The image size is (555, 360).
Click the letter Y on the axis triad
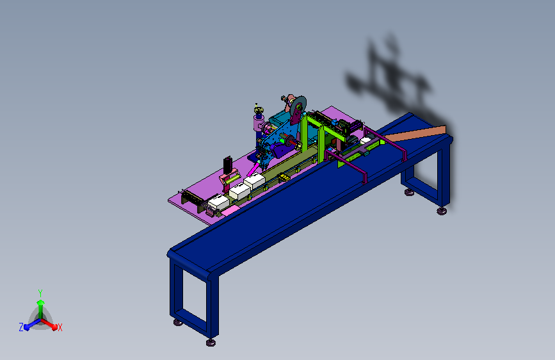(x=40, y=293)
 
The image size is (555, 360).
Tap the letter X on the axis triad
(x=60, y=328)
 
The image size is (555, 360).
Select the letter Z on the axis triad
(x=21, y=327)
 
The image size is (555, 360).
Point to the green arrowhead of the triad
(x=40, y=302)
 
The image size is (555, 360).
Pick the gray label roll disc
(x=298, y=106)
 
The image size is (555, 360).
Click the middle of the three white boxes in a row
(x=239, y=192)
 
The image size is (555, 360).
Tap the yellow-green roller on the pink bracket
(x=230, y=179)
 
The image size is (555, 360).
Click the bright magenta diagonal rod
(x=253, y=169)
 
